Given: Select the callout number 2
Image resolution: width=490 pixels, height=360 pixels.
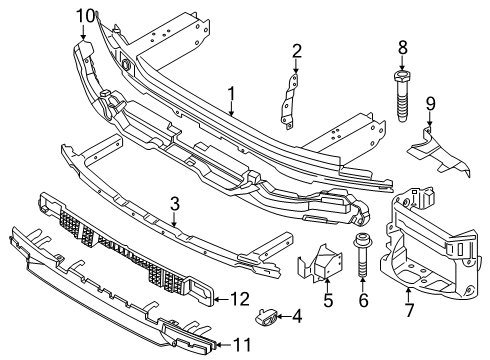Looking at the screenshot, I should [295, 51].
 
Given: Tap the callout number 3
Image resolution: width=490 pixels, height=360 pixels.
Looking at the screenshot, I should [174, 205].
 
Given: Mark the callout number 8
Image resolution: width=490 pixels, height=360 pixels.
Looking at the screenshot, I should [403, 45].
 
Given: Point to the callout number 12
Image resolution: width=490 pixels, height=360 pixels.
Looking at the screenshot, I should [239, 297].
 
